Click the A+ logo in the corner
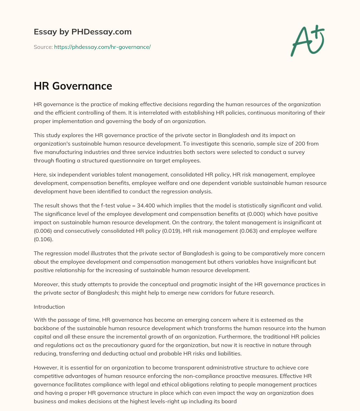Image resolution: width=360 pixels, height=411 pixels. [307, 40]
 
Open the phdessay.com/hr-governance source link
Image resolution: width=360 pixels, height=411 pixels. [102, 47]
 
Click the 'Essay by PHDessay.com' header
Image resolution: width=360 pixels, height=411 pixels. [83, 32]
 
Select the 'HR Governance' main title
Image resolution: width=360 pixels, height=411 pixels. [73, 86]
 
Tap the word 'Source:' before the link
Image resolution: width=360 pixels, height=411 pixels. [43, 47]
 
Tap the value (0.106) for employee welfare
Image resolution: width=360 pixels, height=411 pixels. [43, 240]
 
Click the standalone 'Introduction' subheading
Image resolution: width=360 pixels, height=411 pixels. [49, 307]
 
